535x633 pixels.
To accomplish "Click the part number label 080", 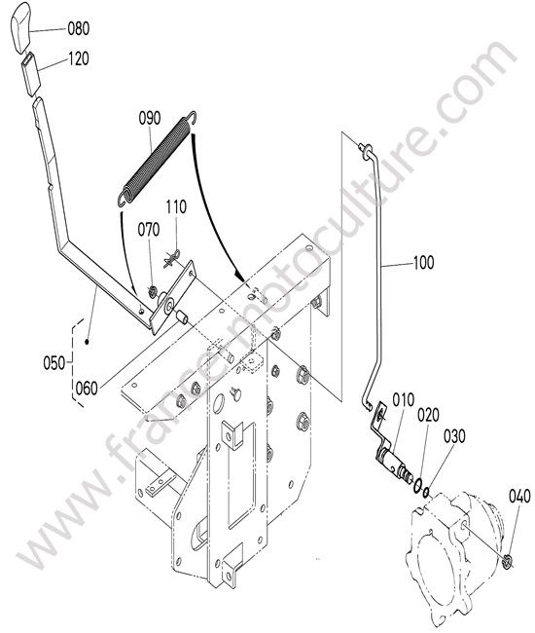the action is point(78,28).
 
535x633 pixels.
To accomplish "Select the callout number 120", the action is point(78,59).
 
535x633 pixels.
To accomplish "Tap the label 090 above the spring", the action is point(150,118).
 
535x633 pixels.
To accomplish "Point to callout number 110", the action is point(176,206).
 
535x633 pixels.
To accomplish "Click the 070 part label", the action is point(149,230).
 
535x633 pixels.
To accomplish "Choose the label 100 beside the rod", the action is point(423,262).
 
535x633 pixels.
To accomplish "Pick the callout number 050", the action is point(54,363).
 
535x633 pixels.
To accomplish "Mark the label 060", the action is point(87,389).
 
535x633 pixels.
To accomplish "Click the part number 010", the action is point(403,400).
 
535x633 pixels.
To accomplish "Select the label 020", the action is point(428,415).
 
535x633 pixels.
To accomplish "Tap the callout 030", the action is point(454,436).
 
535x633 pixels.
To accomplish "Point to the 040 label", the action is point(519,496).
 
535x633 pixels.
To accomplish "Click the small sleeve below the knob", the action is point(31,74).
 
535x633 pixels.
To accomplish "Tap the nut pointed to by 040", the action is point(508,561).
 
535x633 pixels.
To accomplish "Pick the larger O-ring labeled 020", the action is point(418,485).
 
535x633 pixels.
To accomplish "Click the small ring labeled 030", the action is point(427,492).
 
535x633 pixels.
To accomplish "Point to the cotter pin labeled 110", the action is point(171,258).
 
